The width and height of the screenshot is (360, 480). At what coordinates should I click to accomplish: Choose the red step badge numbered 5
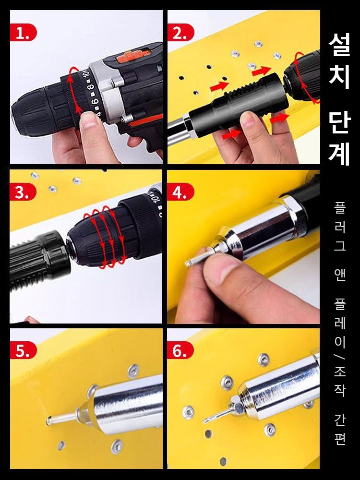point(23,351)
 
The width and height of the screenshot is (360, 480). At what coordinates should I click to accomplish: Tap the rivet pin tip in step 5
point(51,421)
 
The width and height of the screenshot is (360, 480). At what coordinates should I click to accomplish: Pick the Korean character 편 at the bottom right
point(340,438)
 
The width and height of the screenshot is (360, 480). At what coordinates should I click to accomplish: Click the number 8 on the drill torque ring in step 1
point(90,88)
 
